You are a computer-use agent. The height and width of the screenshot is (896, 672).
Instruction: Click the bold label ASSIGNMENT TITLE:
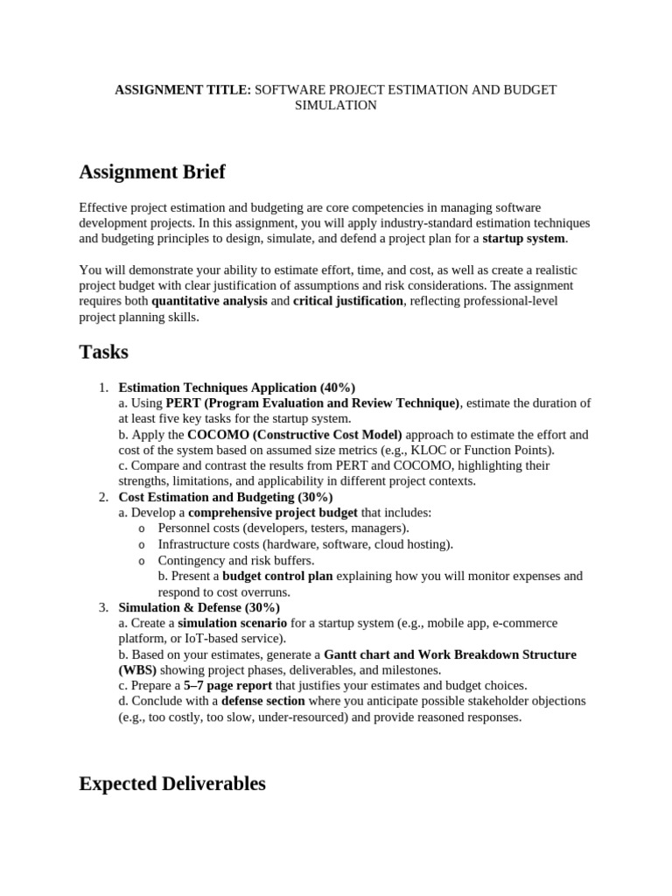[183, 90]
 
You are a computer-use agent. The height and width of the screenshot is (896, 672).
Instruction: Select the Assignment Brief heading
[152, 171]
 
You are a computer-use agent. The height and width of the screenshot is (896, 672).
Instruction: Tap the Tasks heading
[104, 352]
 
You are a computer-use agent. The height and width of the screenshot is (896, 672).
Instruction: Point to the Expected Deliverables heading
[172, 783]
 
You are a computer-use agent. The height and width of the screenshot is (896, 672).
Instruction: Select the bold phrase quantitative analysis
[209, 301]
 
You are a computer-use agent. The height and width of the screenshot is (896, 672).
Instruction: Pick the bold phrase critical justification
[348, 301]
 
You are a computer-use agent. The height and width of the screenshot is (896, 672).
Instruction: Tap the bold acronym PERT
[183, 403]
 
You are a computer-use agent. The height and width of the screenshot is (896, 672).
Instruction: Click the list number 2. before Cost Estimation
[102, 497]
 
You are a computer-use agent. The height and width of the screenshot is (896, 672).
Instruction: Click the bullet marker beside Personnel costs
[142, 528]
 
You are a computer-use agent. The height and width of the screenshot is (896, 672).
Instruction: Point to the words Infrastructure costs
[201, 544]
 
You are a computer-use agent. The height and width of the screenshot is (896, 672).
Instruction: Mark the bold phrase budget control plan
[277, 576]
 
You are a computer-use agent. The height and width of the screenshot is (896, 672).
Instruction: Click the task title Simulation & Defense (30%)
[199, 607]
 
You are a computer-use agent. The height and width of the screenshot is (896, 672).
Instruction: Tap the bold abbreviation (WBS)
[136, 670]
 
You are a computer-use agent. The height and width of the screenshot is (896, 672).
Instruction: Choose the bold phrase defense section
[263, 702]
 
